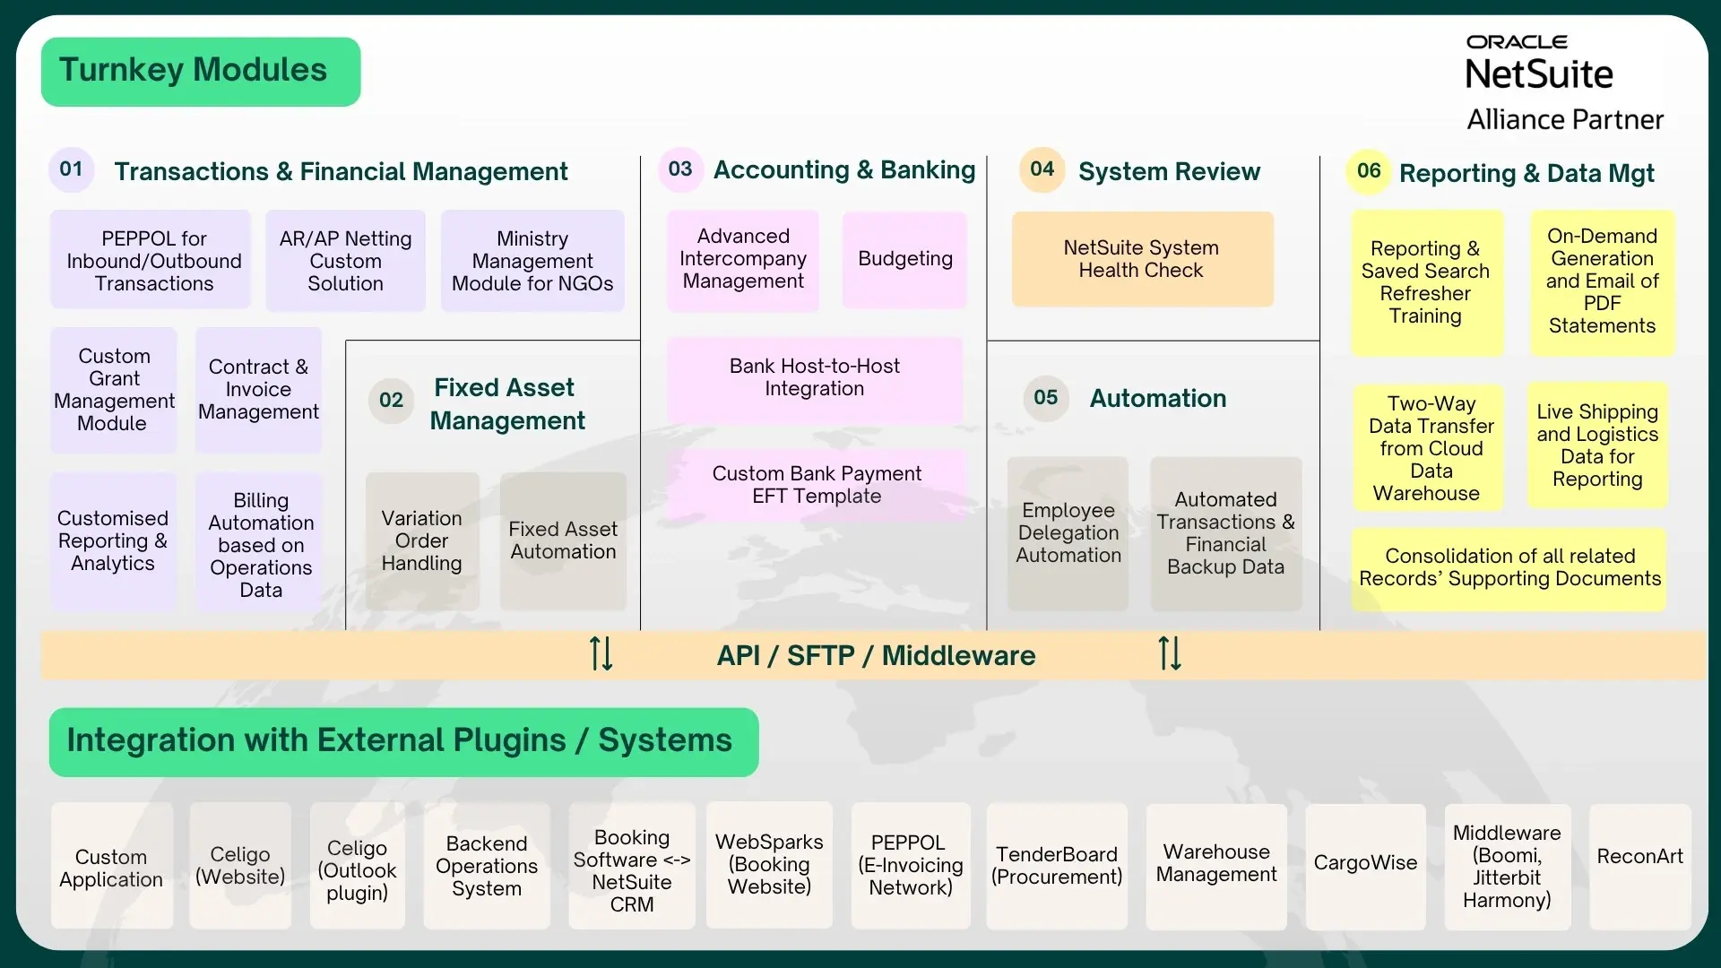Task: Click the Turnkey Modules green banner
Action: [201, 72]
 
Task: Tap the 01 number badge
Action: [71, 169]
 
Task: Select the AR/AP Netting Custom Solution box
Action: [345, 261]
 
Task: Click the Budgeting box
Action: [904, 260]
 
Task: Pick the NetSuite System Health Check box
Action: [1142, 259]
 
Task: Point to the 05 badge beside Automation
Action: [1045, 397]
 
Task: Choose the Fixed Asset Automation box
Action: [563, 540]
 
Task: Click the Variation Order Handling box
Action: [422, 540]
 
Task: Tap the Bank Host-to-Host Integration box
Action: [815, 378]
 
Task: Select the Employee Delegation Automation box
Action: [1068, 533]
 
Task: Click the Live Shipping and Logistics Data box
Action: [1597, 445]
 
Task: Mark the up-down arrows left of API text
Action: [601, 653]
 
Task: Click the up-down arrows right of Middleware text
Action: [1170, 653]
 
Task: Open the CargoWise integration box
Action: [1365, 864]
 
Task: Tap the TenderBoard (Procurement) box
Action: [1056, 866]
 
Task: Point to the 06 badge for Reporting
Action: [1369, 171]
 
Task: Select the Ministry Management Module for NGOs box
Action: [532, 261]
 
